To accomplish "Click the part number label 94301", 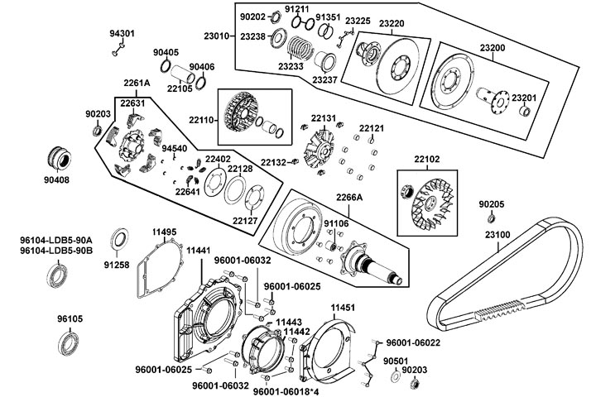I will (x=122, y=34).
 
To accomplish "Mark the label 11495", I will (x=164, y=232).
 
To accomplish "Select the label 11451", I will (x=343, y=307).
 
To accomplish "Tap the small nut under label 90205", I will (x=491, y=218).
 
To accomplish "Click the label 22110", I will (x=204, y=121).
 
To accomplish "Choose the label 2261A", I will (x=137, y=84).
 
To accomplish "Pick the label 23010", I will (x=219, y=36).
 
